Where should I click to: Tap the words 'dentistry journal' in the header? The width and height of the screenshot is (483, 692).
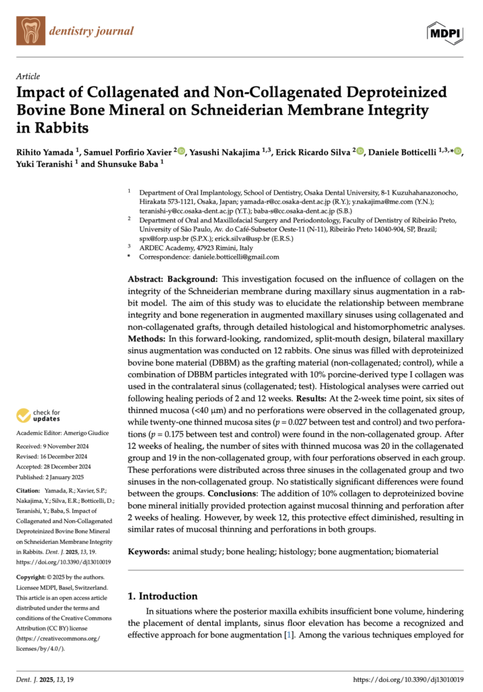click(91, 31)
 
